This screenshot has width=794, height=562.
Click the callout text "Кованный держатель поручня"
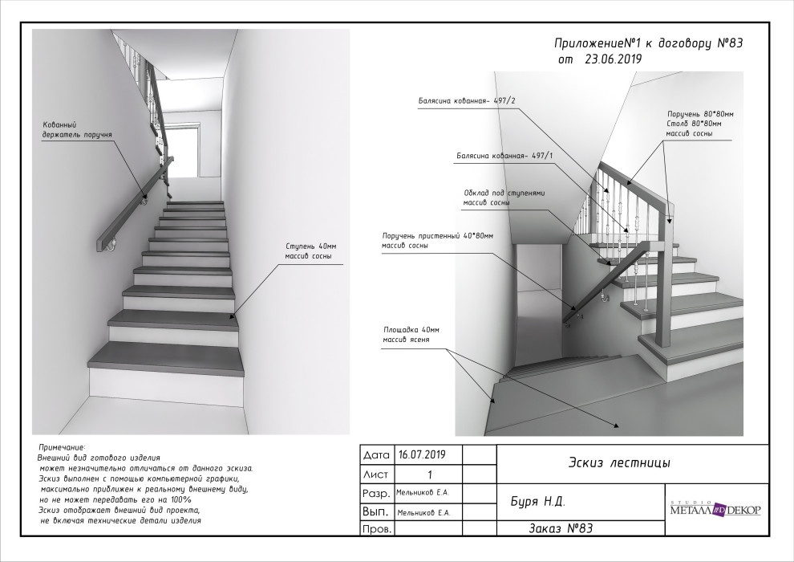[76, 130]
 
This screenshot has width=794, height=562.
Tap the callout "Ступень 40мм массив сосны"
[308, 251]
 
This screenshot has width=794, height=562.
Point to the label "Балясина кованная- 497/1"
[505, 154]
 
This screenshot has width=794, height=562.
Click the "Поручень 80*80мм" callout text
[699, 114]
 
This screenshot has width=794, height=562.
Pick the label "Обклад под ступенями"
[505, 193]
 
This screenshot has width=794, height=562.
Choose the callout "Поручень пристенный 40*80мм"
[437, 236]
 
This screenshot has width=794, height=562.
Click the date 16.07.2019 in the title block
[427, 454]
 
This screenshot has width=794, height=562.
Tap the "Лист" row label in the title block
[375, 474]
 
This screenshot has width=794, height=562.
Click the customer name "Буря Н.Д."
[538, 502]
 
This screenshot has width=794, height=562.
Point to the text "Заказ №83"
[561, 528]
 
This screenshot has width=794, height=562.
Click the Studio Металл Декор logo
[715, 509]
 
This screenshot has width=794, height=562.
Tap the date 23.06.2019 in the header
[614, 59]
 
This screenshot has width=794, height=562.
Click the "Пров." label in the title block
[376, 530]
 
